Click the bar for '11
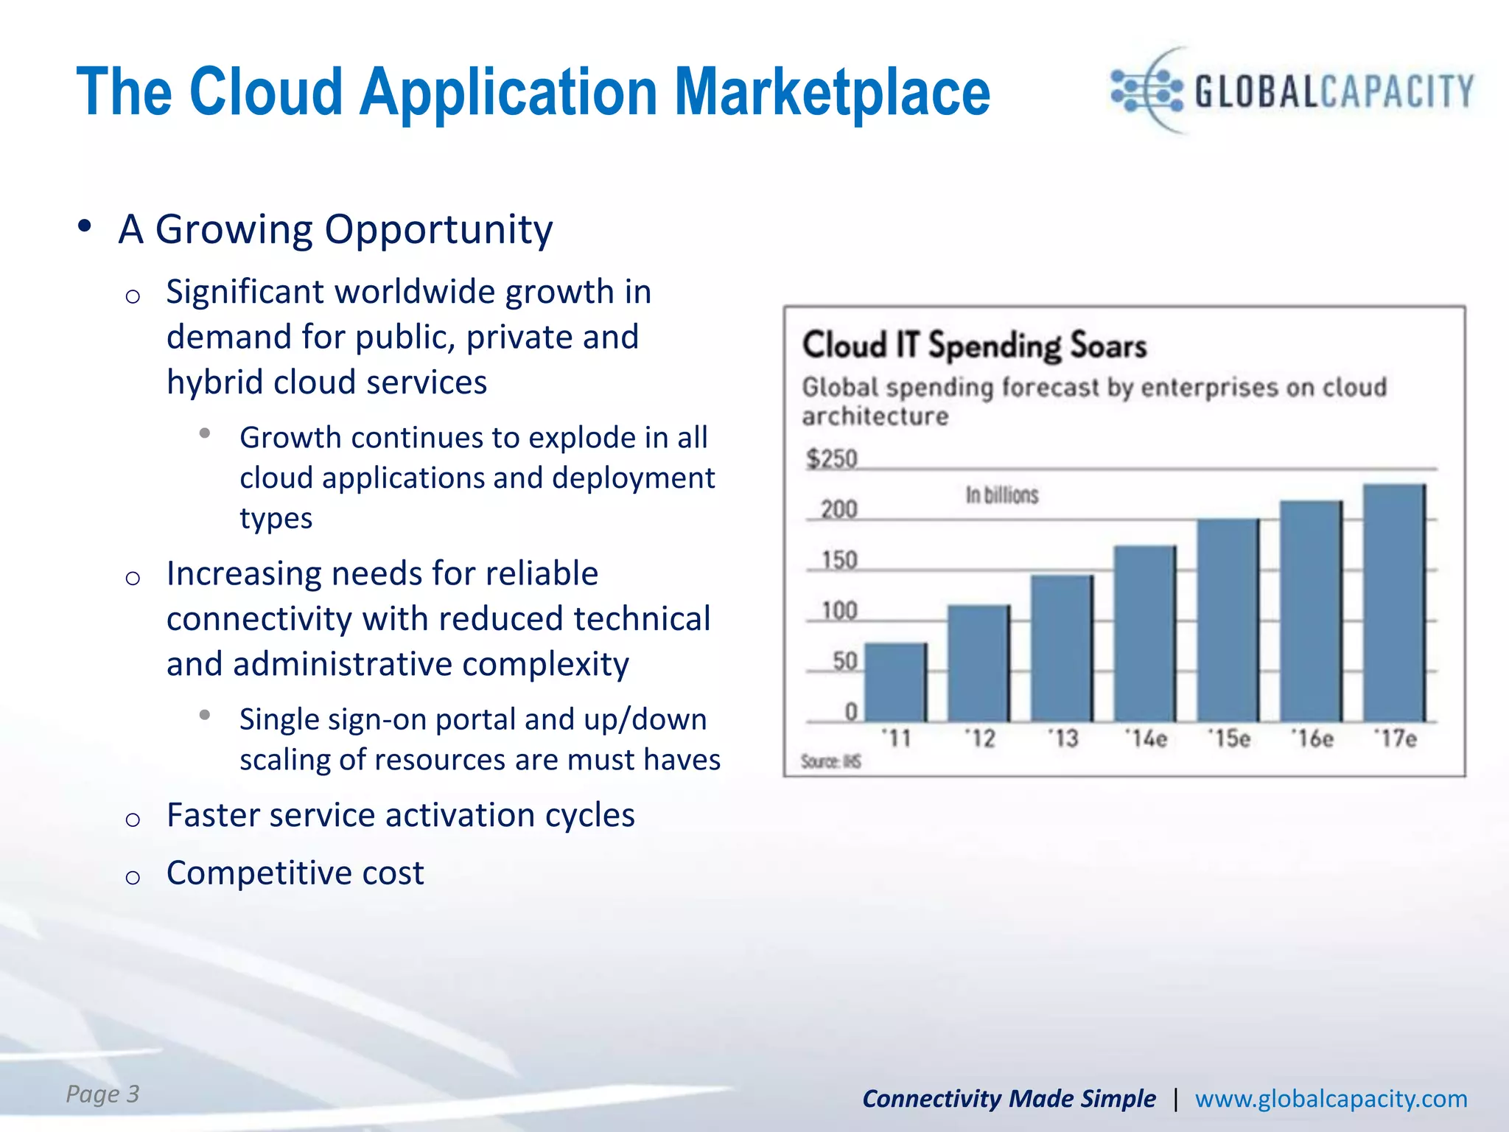(895, 682)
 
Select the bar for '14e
(1144, 634)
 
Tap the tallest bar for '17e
(1394, 603)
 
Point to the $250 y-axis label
(832, 459)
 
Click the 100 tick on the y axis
(839, 611)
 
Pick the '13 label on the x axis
(1063, 738)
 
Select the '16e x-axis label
(1312, 738)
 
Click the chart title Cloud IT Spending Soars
(974, 346)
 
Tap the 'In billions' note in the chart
(1001, 495)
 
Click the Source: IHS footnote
(830, 762)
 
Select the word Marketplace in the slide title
(833, 93)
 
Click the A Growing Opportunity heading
(335, 229)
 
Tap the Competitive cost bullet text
(295, 873)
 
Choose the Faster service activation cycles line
(400, 816)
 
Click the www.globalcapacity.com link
(1331, 1099)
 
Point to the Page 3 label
(102, 1094)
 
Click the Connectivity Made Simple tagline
(1009, 1099)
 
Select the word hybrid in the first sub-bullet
(214, 382)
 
